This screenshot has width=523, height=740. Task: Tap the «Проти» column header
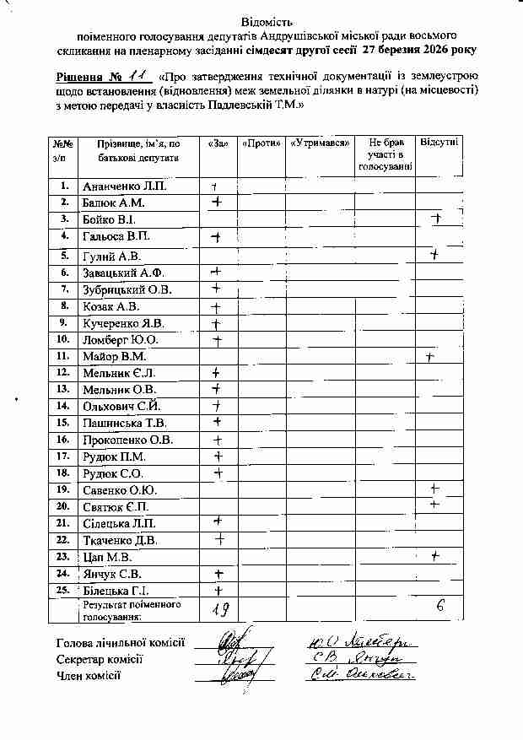click(261, 144)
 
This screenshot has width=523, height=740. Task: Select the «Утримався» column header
click(321, 144)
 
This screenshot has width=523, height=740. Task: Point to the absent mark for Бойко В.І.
click(437, 219)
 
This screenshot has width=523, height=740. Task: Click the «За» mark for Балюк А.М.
click(218, 203)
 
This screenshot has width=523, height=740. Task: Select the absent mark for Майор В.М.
click(430, 358)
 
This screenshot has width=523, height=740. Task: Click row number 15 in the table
click(62, 423)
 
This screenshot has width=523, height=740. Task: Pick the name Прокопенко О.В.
click(127, 440)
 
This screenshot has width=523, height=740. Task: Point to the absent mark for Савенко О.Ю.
click(435, 489)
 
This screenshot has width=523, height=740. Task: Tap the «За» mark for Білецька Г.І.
click(218, 591)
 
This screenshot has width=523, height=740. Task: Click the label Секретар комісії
click(100, 659)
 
